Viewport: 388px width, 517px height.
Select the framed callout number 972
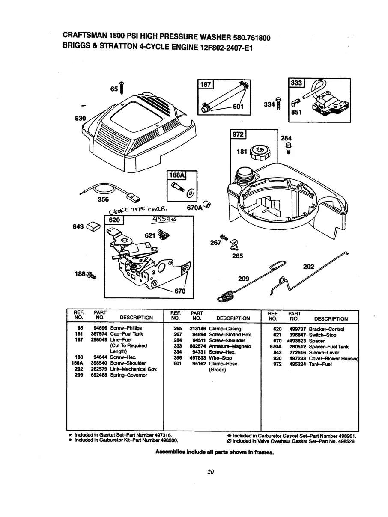(x=238, y=134)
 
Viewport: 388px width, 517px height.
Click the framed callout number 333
(x=296, y=83)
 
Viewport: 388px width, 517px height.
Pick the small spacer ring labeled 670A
(x=207, y=202)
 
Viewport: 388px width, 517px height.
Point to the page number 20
(x=210, y=472)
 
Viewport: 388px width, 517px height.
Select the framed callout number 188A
(x=176, y=176)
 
